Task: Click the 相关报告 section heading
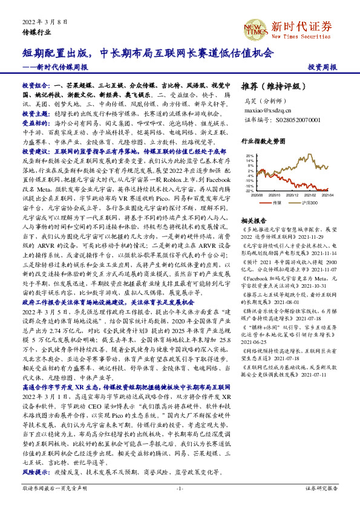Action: coord(253,221)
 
